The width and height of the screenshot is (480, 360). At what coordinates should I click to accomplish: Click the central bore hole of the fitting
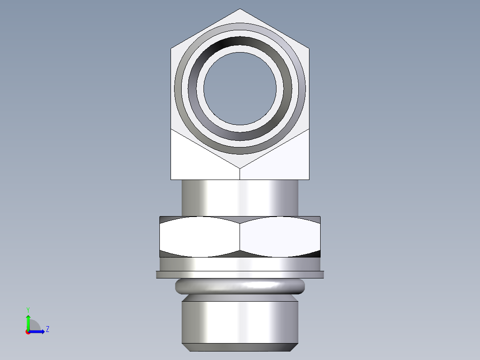(240, 88)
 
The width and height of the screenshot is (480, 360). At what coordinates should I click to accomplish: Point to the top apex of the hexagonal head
(240, 9)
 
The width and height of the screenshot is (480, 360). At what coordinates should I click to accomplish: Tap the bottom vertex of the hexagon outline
(240, 168)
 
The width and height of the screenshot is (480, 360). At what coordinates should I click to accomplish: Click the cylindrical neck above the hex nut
(240, 198)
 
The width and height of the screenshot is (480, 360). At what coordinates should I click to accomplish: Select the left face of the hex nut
(199, 237)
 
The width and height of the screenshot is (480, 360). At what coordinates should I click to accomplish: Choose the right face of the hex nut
(280, 237)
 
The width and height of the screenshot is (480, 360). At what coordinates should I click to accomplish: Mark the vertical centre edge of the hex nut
(240, 237)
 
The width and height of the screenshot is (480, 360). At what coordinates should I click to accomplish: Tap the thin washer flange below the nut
(240, 274)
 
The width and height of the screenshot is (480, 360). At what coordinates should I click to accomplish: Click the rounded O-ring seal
(240, 286)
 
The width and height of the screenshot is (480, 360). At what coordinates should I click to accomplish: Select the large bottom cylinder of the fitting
(240, 322)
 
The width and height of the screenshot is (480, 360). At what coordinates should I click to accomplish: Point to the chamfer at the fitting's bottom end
(240, 347)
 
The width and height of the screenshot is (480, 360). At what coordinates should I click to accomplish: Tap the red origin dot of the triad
(28, 332)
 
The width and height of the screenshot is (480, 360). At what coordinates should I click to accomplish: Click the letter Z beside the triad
(47, 329)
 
